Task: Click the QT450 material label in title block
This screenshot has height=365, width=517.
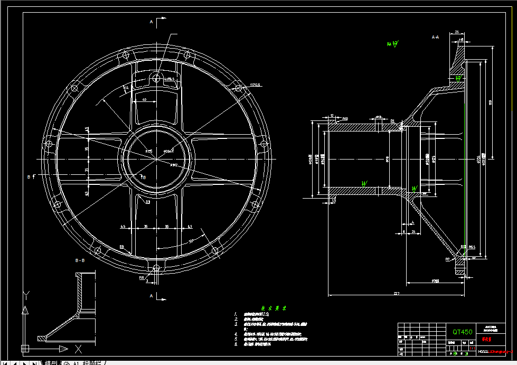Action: click(462, 332)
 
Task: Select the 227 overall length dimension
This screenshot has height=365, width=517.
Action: click(396, 293)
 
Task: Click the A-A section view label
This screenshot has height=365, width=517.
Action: click(436, 38)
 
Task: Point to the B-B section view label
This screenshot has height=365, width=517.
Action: click(81, 260)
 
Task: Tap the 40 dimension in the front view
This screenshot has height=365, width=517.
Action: click(144, 99)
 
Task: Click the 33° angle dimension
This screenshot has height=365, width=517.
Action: click(191, 240)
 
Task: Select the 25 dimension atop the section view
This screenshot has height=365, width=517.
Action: click(456, 33)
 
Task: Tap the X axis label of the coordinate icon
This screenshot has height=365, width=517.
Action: click(78, 349)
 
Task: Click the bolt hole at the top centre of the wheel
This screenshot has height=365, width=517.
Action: click(156, 78)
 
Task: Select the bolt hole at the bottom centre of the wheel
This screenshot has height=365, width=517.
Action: click(156, 268)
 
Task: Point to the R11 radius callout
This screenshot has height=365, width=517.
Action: click(142, 277)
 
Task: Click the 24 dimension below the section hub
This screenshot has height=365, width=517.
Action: click(413, 231)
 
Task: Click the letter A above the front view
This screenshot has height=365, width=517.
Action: click(151, 22)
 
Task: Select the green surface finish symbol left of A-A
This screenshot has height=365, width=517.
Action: click(393, 43)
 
